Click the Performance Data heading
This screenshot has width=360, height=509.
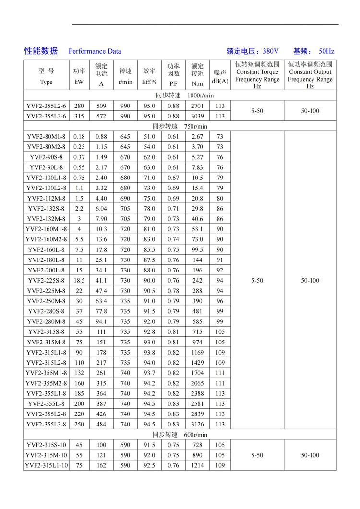(x=95, y=51)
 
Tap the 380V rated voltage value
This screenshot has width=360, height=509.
(x=270, y=51)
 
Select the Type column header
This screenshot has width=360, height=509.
(x=47, y=82)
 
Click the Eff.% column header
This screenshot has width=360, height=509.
(x=149, y=82)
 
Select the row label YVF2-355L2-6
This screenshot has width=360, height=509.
(x=47, y=106)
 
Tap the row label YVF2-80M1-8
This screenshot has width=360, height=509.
(x=47, y=137)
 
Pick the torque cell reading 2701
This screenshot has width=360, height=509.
(x=197, y=106)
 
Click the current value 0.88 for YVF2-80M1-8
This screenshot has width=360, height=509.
(x=101, y=137)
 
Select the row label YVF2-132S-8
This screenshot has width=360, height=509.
(x=47, y=209)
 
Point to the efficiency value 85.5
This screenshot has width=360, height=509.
(x=149, y=249)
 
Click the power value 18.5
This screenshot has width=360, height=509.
(x=79, y=280)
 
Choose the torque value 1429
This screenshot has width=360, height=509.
(x=197, y=362)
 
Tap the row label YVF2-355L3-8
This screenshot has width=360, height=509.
(x=47, y=424)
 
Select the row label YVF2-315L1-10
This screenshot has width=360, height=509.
(x=47, y=465)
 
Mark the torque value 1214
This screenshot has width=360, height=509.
(x=197, y=465)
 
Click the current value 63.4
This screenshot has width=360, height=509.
(x=101, y=301)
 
